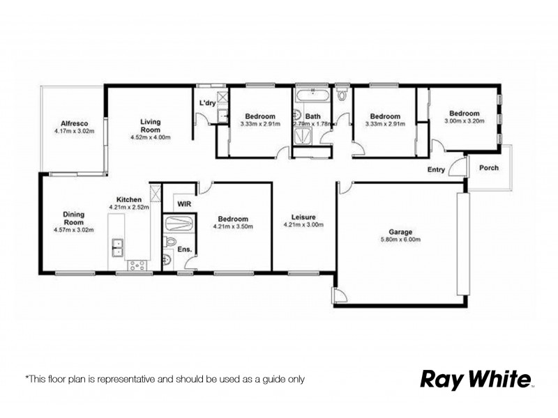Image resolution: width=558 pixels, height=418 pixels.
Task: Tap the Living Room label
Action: point(151,125)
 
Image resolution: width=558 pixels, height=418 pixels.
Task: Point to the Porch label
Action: point(489,167)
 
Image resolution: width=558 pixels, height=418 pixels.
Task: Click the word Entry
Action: point(436,170)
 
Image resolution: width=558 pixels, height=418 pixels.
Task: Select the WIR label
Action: point(184,204)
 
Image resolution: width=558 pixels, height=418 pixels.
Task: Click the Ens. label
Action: point(185,249)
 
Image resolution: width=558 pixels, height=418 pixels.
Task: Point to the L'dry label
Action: point(207,104)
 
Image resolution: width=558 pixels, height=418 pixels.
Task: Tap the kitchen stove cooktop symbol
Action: point(136,265)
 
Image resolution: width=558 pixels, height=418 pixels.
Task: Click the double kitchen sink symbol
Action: point(118,245)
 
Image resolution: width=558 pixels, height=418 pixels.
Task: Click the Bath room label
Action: point(313,116)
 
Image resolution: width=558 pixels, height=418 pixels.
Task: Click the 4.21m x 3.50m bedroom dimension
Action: point(233,226)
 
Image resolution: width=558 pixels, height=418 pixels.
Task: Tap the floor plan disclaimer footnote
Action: point(165,380)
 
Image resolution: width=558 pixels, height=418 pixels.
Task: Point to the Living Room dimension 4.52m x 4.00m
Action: point(151,137)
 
